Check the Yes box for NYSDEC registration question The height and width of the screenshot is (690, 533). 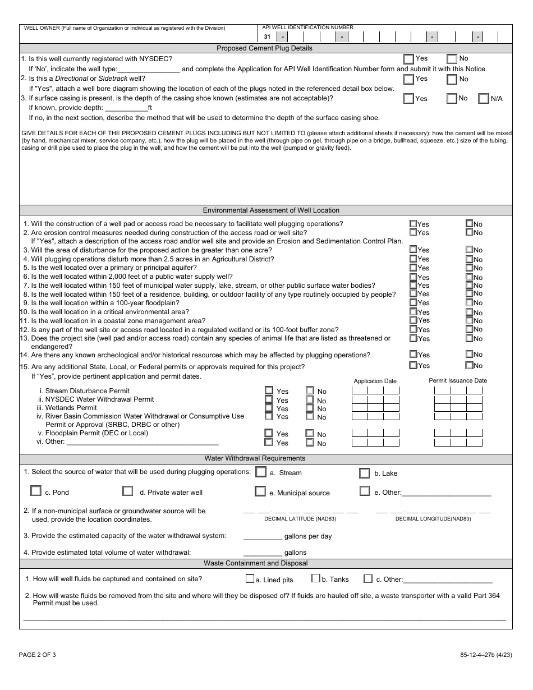(x=409, y=59)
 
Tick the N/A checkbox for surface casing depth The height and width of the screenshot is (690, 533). (x=484, y=99)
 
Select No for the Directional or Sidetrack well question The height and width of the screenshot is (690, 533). (x=452, y=79)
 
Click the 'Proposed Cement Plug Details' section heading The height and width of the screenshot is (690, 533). (x=265, y=48)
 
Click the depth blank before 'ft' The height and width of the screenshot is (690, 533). (x=126, y=108)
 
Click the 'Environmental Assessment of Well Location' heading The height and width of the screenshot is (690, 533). (x=271, y=210)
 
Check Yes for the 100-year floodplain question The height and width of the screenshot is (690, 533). (x=413, y=303)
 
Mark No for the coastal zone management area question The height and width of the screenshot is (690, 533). (x=469, y=320)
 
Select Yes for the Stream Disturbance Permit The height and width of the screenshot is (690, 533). (x=269, y=391)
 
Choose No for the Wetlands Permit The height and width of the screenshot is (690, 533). (x=310, y=408)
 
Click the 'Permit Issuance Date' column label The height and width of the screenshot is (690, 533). (x=458, y=380)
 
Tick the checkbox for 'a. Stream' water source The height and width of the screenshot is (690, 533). (x=260, y=472)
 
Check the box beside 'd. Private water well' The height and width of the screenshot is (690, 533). (x=128, y=491)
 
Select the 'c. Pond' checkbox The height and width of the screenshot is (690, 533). (x=36, y=491)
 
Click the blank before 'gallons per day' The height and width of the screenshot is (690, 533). (x=262, y=536)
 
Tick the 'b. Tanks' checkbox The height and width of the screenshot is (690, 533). (x=316, y=579)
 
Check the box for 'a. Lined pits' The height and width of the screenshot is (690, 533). (x=250, y=579)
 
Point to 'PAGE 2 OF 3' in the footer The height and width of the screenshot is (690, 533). (x=38, y=655)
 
